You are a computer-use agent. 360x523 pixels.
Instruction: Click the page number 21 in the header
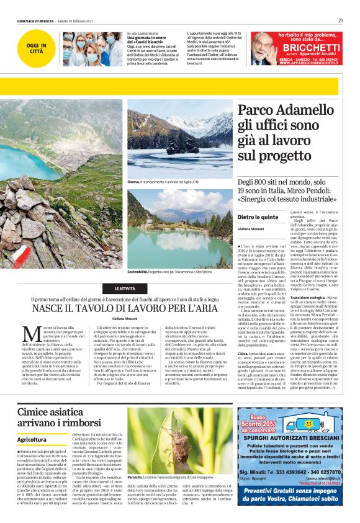(x=341, y=20)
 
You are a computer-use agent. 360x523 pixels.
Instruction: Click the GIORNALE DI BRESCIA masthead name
(x=35, y=20)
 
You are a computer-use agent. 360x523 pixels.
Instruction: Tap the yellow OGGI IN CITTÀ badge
(x=38, y=48)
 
